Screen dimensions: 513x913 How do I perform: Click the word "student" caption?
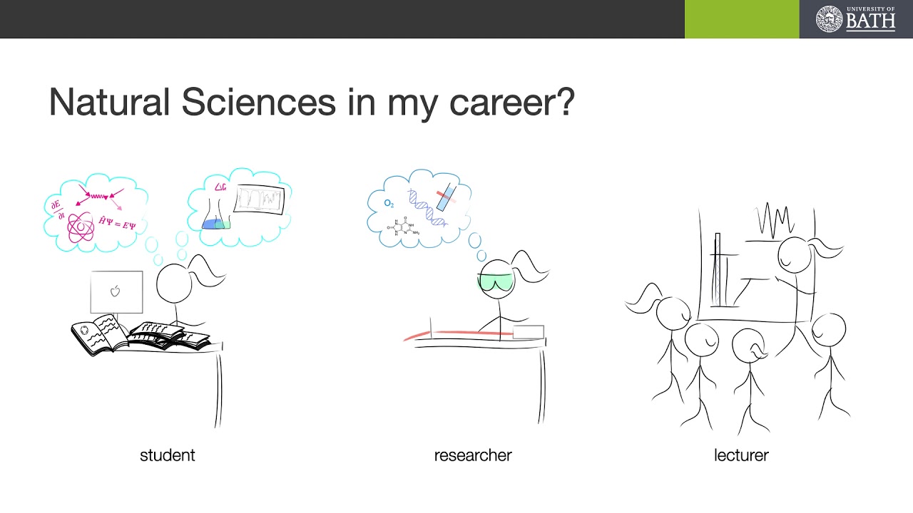point(167,455)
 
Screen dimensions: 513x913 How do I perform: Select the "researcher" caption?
point(473,455)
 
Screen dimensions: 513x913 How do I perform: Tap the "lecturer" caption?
point(741,455)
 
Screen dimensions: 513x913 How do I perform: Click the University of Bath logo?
point(855,19)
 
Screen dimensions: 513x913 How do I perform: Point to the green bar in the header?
point(741,19)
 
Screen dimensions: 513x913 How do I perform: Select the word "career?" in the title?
point(511,103)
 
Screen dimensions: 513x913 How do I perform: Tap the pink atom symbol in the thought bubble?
point(81,227)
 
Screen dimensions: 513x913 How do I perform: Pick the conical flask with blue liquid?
point(216,214)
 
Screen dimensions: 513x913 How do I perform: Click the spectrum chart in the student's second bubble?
point(261,200)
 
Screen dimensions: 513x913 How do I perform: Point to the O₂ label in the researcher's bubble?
point(389,204)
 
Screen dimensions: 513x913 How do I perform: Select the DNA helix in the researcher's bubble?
point(426,207)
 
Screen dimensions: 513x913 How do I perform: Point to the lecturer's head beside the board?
point(794,255)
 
